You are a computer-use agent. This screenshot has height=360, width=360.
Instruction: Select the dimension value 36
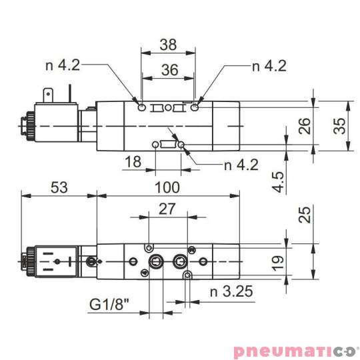(x=168, y=69)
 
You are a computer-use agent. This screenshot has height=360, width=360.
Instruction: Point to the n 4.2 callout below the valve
(x=239, y=165)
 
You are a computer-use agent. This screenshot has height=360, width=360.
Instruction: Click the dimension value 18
(x=133, y=161)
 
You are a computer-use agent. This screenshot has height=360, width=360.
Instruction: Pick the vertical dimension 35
(x=341, y=125)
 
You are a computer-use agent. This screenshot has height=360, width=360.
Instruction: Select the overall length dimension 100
(x=168, y=188)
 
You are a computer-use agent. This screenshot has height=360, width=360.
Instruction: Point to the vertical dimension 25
(x=305, y=215)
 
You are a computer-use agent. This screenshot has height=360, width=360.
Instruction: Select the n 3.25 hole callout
(x=231, y=291)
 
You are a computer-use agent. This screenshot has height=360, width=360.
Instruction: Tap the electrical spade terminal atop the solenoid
(x=48, y=95)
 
